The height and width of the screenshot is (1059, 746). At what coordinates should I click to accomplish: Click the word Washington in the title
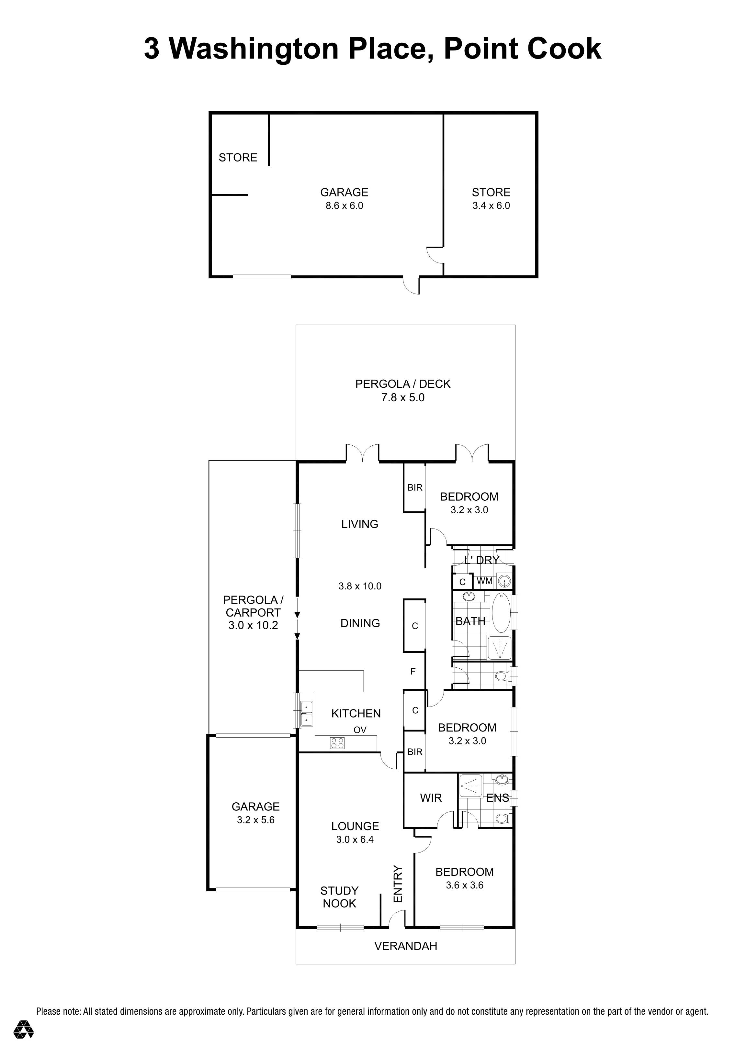coord(254,49)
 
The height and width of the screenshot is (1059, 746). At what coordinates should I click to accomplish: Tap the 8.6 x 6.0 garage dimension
coord(344,206)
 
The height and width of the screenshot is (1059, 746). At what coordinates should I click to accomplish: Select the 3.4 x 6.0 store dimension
coord(491,206)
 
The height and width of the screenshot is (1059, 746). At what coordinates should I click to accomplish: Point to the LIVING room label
coord(359,524)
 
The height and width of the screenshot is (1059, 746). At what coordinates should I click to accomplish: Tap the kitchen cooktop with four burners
coord(337,742)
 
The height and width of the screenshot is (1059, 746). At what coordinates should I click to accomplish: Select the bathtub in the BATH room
coord(501,613)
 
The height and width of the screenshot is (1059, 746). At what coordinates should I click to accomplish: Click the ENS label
coord(497,798)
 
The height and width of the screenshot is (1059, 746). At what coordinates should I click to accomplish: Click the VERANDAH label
coord(405,946)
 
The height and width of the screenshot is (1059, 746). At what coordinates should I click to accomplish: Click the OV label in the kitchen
coord(360,730)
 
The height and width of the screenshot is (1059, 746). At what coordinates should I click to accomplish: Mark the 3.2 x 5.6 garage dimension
coord(255,820)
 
